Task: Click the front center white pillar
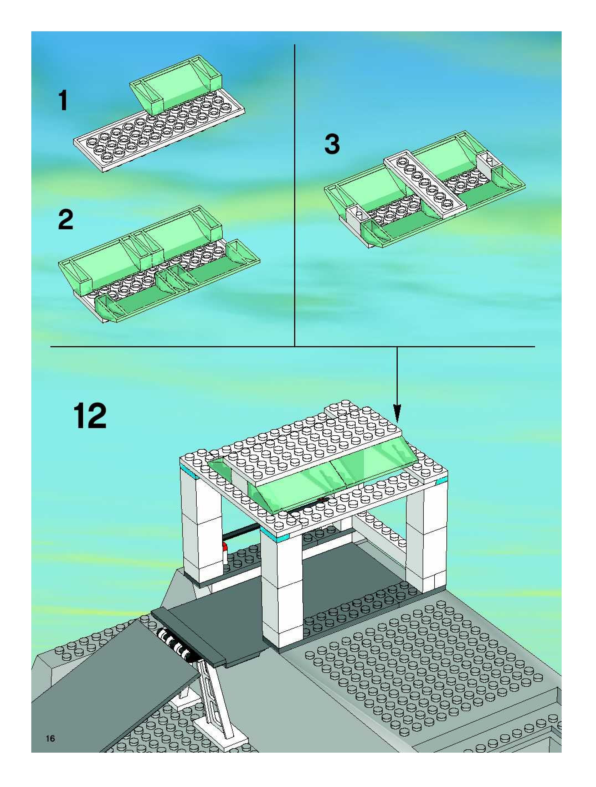(x=281, y=591)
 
